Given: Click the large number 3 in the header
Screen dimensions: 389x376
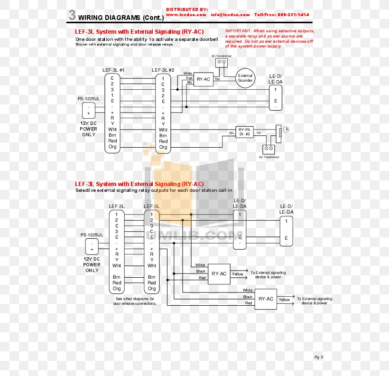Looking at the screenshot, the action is click(72, 15).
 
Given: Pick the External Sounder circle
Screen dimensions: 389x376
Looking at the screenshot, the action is click(245, 78).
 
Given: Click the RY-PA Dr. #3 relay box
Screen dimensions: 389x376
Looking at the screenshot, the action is click(245, 132).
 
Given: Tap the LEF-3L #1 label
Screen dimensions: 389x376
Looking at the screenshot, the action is click(113, 70).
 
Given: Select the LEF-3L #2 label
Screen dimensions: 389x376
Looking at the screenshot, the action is click(163, 70).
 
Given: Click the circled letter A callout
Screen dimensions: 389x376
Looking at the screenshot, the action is click(287, 129).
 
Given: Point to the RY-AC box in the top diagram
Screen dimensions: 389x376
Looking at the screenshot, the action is click(204, 79).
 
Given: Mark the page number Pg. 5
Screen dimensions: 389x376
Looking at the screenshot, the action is click(319, 357).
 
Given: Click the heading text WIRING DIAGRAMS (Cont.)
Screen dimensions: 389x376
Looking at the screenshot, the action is click(120, 18).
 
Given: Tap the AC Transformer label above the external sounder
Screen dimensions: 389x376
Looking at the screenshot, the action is click(222, 56).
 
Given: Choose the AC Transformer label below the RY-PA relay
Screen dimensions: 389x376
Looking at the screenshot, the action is click(269, 157).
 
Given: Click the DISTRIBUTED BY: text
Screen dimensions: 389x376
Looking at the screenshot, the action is click(187, 9).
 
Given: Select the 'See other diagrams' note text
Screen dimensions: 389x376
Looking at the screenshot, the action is click(135, 301).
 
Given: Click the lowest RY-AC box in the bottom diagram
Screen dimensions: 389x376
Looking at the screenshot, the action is click(266, 299).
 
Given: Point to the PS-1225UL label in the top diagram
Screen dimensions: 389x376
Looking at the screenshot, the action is click(89, 99).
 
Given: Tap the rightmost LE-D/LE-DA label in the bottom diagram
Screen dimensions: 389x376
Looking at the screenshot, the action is click(286, 209).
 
